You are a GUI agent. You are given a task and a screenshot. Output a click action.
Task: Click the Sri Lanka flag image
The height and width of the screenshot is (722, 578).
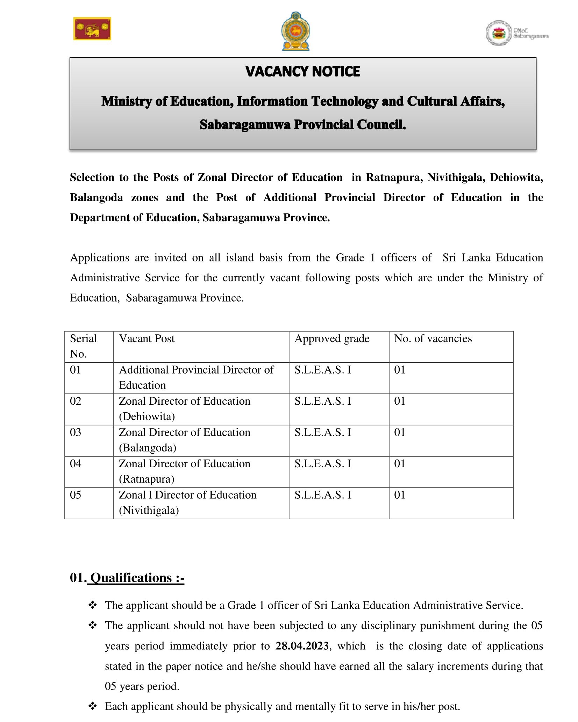pyautogui.click(x=92, y=29)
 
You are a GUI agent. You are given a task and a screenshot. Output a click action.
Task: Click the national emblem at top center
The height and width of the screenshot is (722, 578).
pyautogui.click(x=296, y=31)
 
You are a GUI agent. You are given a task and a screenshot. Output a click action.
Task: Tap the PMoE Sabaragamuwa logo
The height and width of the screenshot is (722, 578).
pyautogui.click(x=517, y=34)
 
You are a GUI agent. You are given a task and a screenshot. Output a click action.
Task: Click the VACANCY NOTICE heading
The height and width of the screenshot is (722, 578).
pyautogui.click(x=302, y=71)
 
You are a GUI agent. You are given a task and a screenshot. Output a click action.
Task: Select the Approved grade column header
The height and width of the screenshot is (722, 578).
pyautogui.click(x=332, y=338)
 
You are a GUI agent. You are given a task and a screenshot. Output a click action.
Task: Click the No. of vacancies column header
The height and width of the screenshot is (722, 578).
pyautogui.click(x=433, y=338)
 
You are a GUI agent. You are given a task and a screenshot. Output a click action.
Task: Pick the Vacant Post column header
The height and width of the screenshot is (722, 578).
pyautogui.click(x=147, y=338)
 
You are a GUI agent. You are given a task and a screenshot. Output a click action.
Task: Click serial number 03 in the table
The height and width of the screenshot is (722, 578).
pyautogui.click(x=76, y=432)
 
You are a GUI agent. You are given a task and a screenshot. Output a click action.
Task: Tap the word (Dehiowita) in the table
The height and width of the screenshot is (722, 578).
pyautogui.click(x=147, y=416)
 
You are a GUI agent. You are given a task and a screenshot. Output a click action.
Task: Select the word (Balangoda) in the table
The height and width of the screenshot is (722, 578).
pyautogui.click(x=147, y=448)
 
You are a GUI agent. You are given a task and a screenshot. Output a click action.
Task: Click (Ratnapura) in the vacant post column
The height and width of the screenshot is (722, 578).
pyautogui.click(x=146, y=479)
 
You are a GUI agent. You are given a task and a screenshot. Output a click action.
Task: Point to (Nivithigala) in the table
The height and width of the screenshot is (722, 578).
pyautogui.click(x=149, y=510)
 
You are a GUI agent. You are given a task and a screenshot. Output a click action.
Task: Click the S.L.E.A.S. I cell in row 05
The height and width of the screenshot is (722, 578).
pyautogui.click(x=322, y=495)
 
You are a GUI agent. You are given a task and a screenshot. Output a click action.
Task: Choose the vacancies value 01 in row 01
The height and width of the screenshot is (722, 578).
pyautogui.click(x=399, y=370)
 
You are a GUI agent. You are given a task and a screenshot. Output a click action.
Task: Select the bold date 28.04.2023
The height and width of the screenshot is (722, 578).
pyautogui.click(x=302, y=646)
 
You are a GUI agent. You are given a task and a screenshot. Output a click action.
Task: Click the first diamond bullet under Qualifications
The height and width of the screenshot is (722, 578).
pyautogui.click(x=93, y=605)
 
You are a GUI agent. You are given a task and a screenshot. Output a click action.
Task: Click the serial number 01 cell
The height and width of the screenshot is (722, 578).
pyautogui.click(x=76, y=370)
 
